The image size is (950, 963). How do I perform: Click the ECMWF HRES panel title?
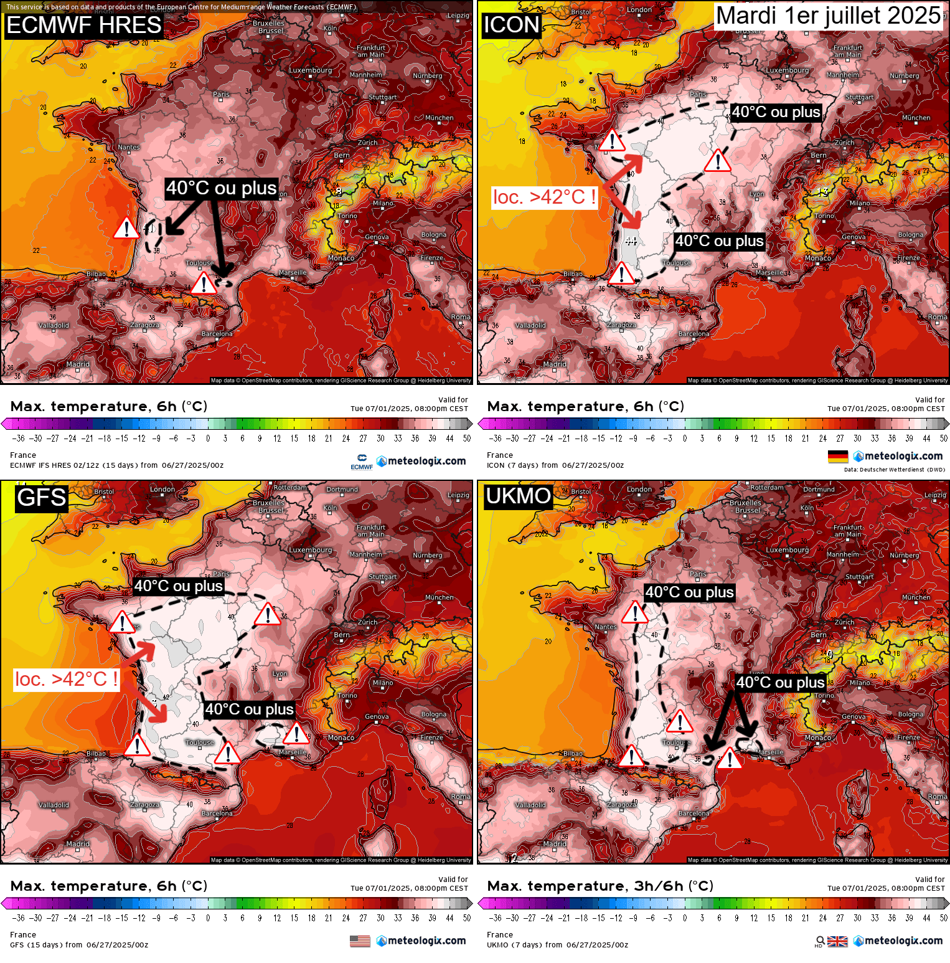[x=83, y=26]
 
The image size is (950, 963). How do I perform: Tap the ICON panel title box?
[x=511, y=25]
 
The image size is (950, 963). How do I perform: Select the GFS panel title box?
[x=41, y=498]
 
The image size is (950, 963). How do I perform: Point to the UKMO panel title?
[x=518, y=496]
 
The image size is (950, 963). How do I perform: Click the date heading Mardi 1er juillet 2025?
[x=829, y=16]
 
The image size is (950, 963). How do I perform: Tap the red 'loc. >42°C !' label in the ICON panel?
[x=544, y=197]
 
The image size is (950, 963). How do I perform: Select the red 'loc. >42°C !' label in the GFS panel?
[x=66, y=679]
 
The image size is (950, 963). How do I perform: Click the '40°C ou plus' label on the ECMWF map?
[x=221, y=188]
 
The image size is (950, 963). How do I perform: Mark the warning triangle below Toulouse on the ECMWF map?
[x=204, y=284]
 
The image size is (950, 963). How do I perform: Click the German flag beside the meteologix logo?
[x=837, y=457]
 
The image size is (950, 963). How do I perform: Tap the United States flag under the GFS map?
[x=360, y=941]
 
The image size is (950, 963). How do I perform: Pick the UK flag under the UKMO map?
[x=837, y=941]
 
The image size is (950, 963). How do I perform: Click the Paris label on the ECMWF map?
[x=221, y=95]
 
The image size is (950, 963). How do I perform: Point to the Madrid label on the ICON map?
[x=554, y=364]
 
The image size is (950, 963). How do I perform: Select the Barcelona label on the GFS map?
[x=217, y=814]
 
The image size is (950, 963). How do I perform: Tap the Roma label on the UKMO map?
[x=937, y=797]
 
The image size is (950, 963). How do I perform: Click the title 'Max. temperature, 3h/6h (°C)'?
[x=600, y=886]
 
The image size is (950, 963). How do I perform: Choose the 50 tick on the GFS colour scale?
[x=466, y=918]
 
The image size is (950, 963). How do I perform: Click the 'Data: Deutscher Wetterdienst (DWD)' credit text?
[x=894, y=470]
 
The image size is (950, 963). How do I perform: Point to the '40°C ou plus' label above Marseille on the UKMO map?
[x=780, y=683]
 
